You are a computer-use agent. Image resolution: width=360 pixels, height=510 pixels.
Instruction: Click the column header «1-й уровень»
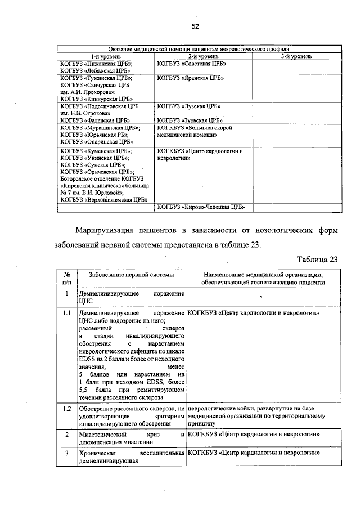(x=106, y=56)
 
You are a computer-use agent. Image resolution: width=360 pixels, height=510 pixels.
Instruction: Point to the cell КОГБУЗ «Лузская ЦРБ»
(x=189, y=106)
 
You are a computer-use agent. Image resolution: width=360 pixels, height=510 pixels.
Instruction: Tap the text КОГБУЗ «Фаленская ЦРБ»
(x=96, y=120)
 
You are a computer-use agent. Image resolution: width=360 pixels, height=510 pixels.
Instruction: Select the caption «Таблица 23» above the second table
(x=317, y=259)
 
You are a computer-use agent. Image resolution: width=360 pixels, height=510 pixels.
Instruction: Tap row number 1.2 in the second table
(x=66, y=408)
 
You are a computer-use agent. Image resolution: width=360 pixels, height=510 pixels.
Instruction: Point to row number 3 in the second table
(x=66, y=453)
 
